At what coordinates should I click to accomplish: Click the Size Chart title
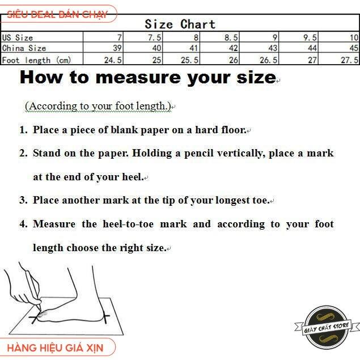click(180, 24)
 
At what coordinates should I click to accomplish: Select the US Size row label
click(18, 37)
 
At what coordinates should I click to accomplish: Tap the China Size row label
click(24, 48)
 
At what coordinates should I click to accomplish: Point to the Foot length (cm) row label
click(36, 60)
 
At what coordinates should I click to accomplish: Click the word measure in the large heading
click(138, 78)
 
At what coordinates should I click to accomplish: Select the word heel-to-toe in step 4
click(128, 224)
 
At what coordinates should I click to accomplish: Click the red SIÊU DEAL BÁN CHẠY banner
click(57, 15)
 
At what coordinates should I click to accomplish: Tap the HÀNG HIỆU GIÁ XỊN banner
click(56, 348)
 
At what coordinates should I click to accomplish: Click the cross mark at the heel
click(105, 317)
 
